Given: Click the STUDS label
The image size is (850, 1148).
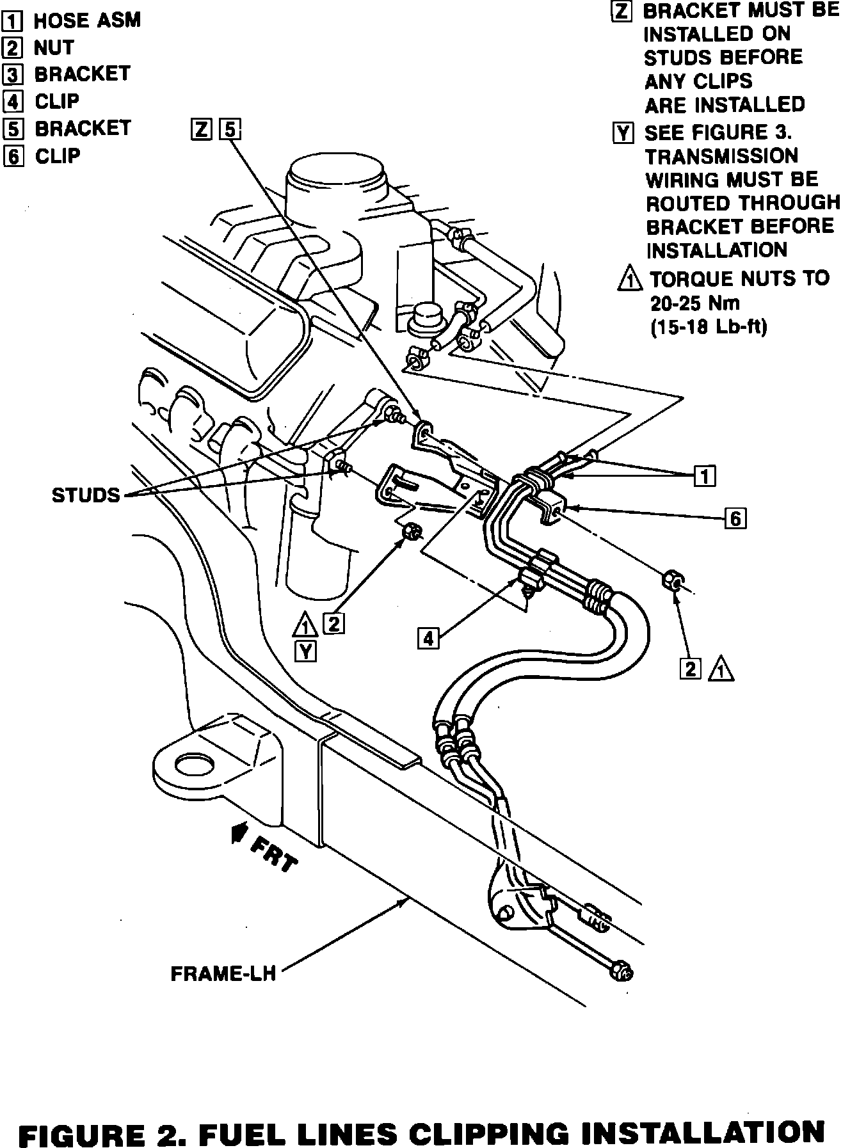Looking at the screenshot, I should (x=86, y=495).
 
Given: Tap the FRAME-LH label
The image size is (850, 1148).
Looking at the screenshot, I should (x=223, y=973).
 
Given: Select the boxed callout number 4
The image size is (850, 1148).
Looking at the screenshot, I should (x=429, y=638).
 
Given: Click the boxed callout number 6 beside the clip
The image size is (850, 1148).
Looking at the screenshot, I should (x=735, y=518).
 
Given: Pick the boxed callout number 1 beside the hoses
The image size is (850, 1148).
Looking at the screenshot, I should (x=705, y=476).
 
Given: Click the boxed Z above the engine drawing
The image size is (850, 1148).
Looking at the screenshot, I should (x=201, y=131).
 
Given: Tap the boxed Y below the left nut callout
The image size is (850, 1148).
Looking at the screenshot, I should (x=307, y=651).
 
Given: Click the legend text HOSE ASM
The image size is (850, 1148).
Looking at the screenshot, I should (x=87, y=20).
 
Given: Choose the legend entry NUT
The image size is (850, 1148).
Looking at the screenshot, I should (x=54, y=47).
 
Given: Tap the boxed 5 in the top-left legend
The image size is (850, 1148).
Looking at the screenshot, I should (x=13, y=129).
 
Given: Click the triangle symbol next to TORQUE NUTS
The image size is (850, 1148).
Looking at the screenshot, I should (x=630, y=279).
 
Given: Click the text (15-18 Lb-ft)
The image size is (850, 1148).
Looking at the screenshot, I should (x=709, y=327).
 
